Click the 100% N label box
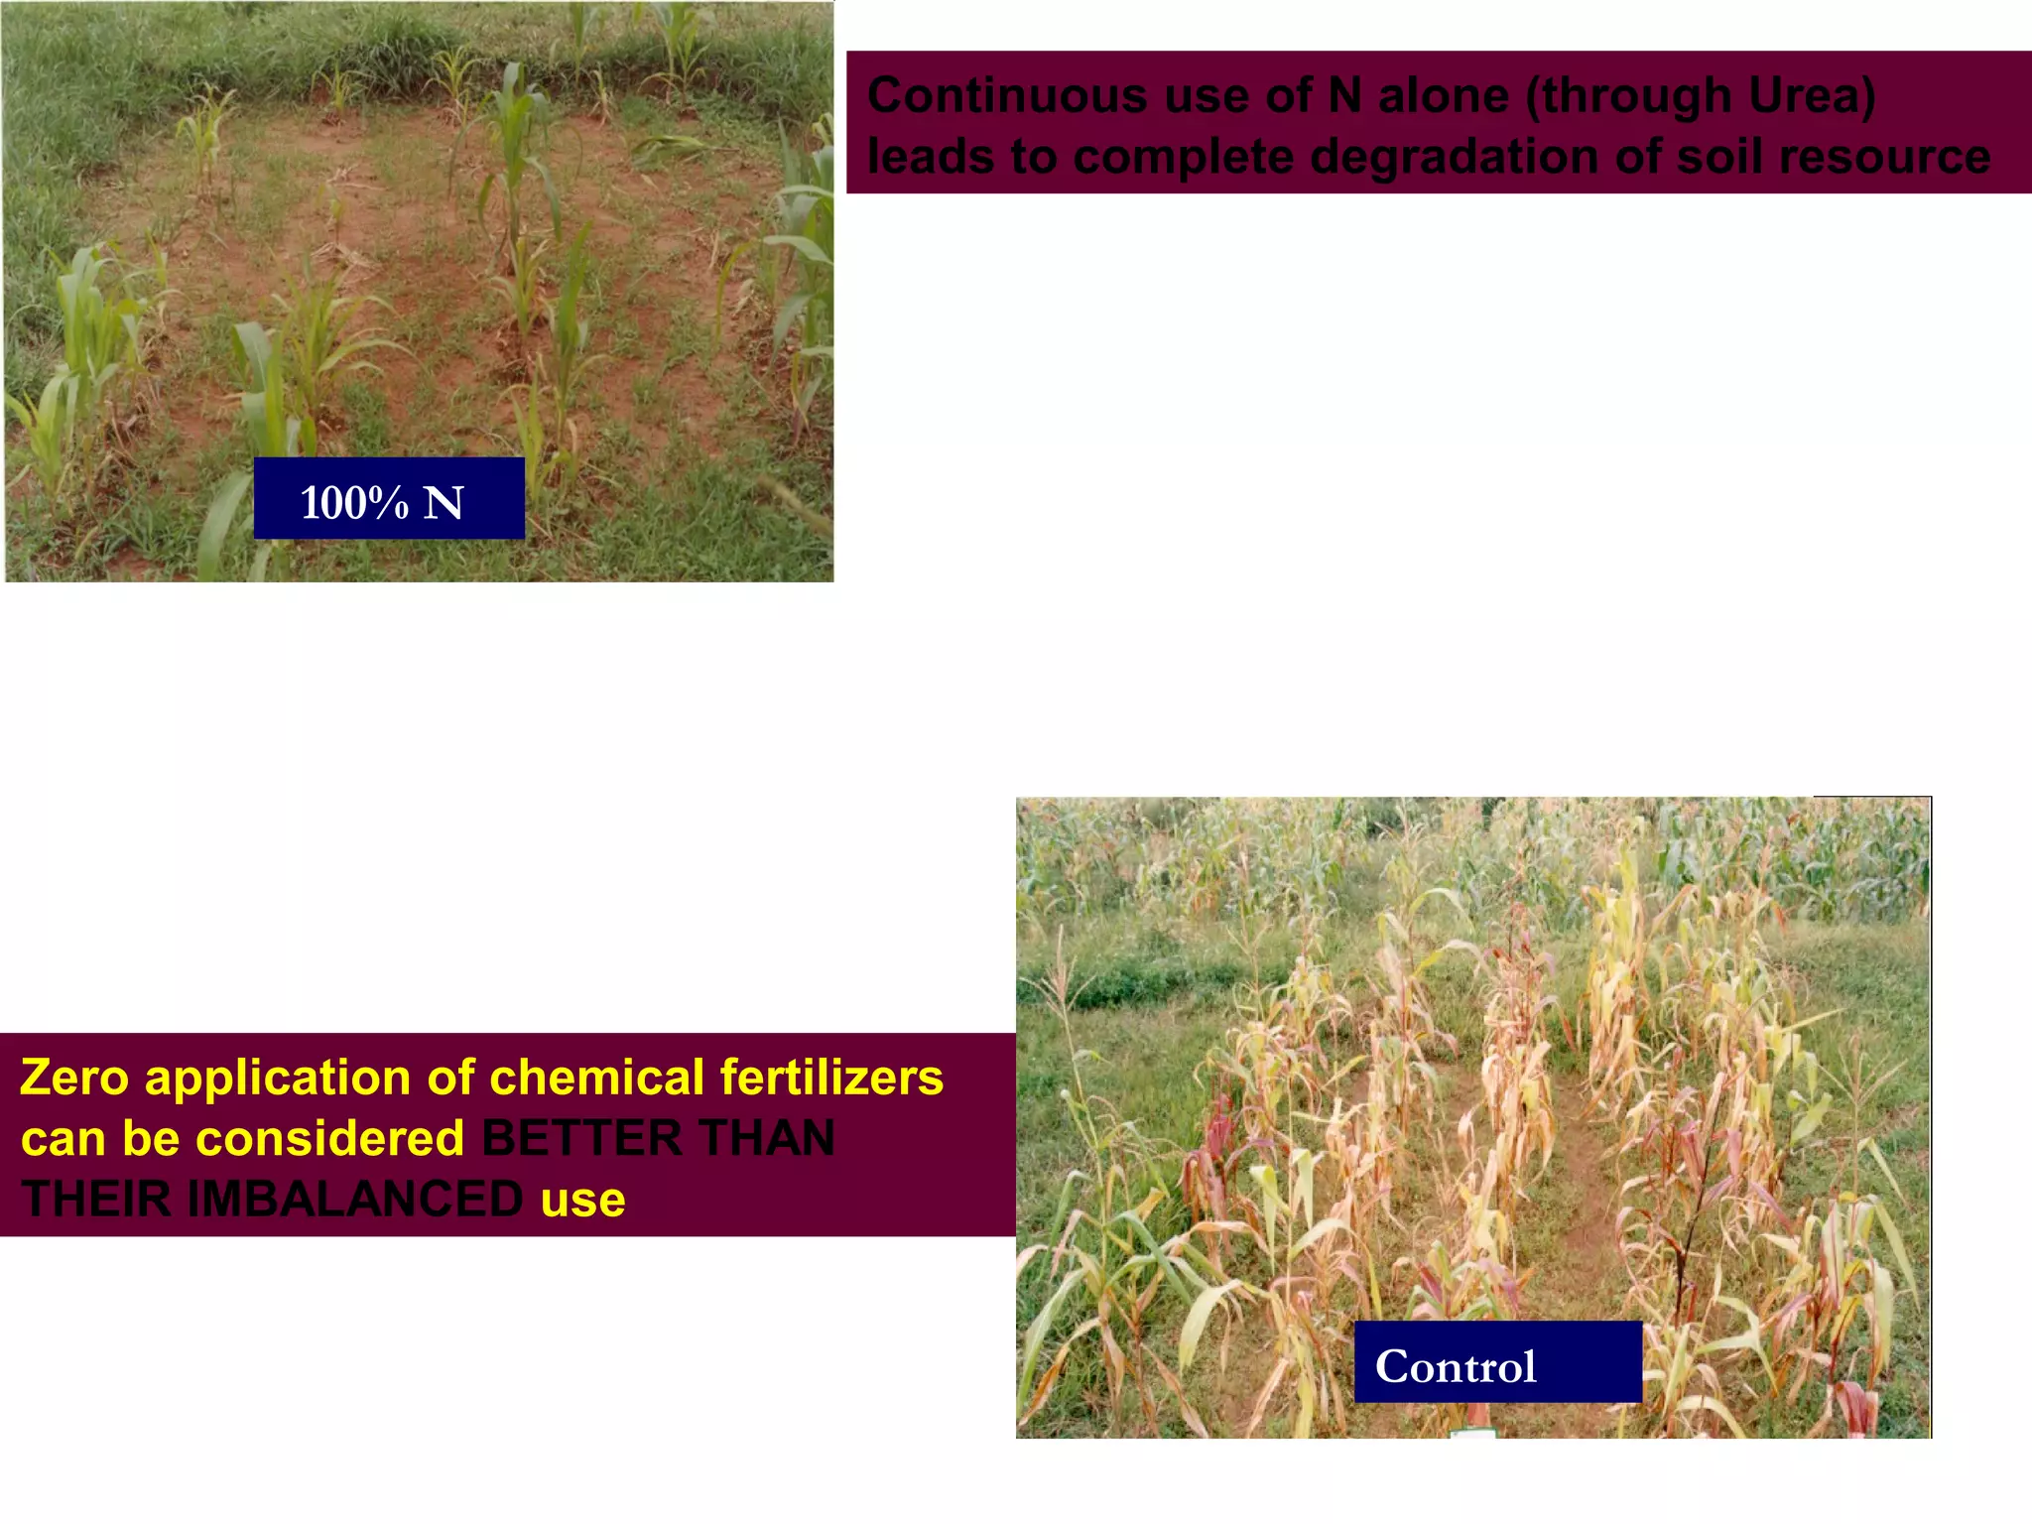[x=389, y=499]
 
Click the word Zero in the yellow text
[x=74, y=1078]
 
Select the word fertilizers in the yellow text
[x=831, y=1078]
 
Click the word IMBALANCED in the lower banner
[x=355, y=1199]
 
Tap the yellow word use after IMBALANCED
[x=583, y=1201]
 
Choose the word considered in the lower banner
[x=329, y=1138]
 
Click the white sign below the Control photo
[x=1472, y=1433]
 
